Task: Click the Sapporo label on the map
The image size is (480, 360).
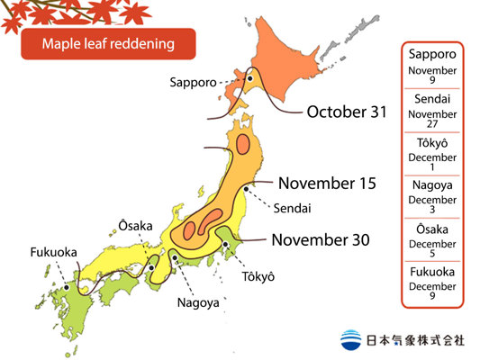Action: pos(192,82)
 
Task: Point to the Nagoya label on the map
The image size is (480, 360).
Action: pos(198,303)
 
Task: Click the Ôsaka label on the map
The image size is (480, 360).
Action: pos(135,224)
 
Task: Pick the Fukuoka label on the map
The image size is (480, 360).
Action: pos(53,252)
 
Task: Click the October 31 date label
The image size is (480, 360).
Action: pos(347,112)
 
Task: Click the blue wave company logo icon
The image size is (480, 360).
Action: pos(352,340)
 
